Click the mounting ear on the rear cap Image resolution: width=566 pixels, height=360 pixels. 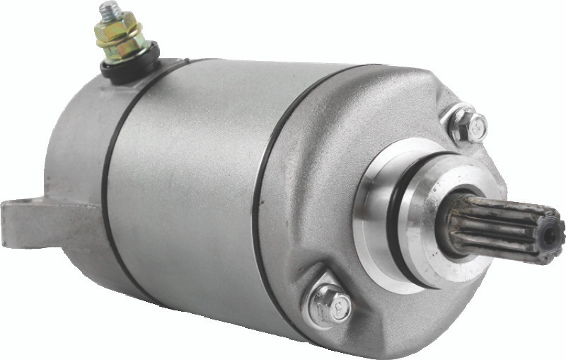tap(21, 216)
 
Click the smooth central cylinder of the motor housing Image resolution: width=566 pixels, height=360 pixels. tap(184, 184)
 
